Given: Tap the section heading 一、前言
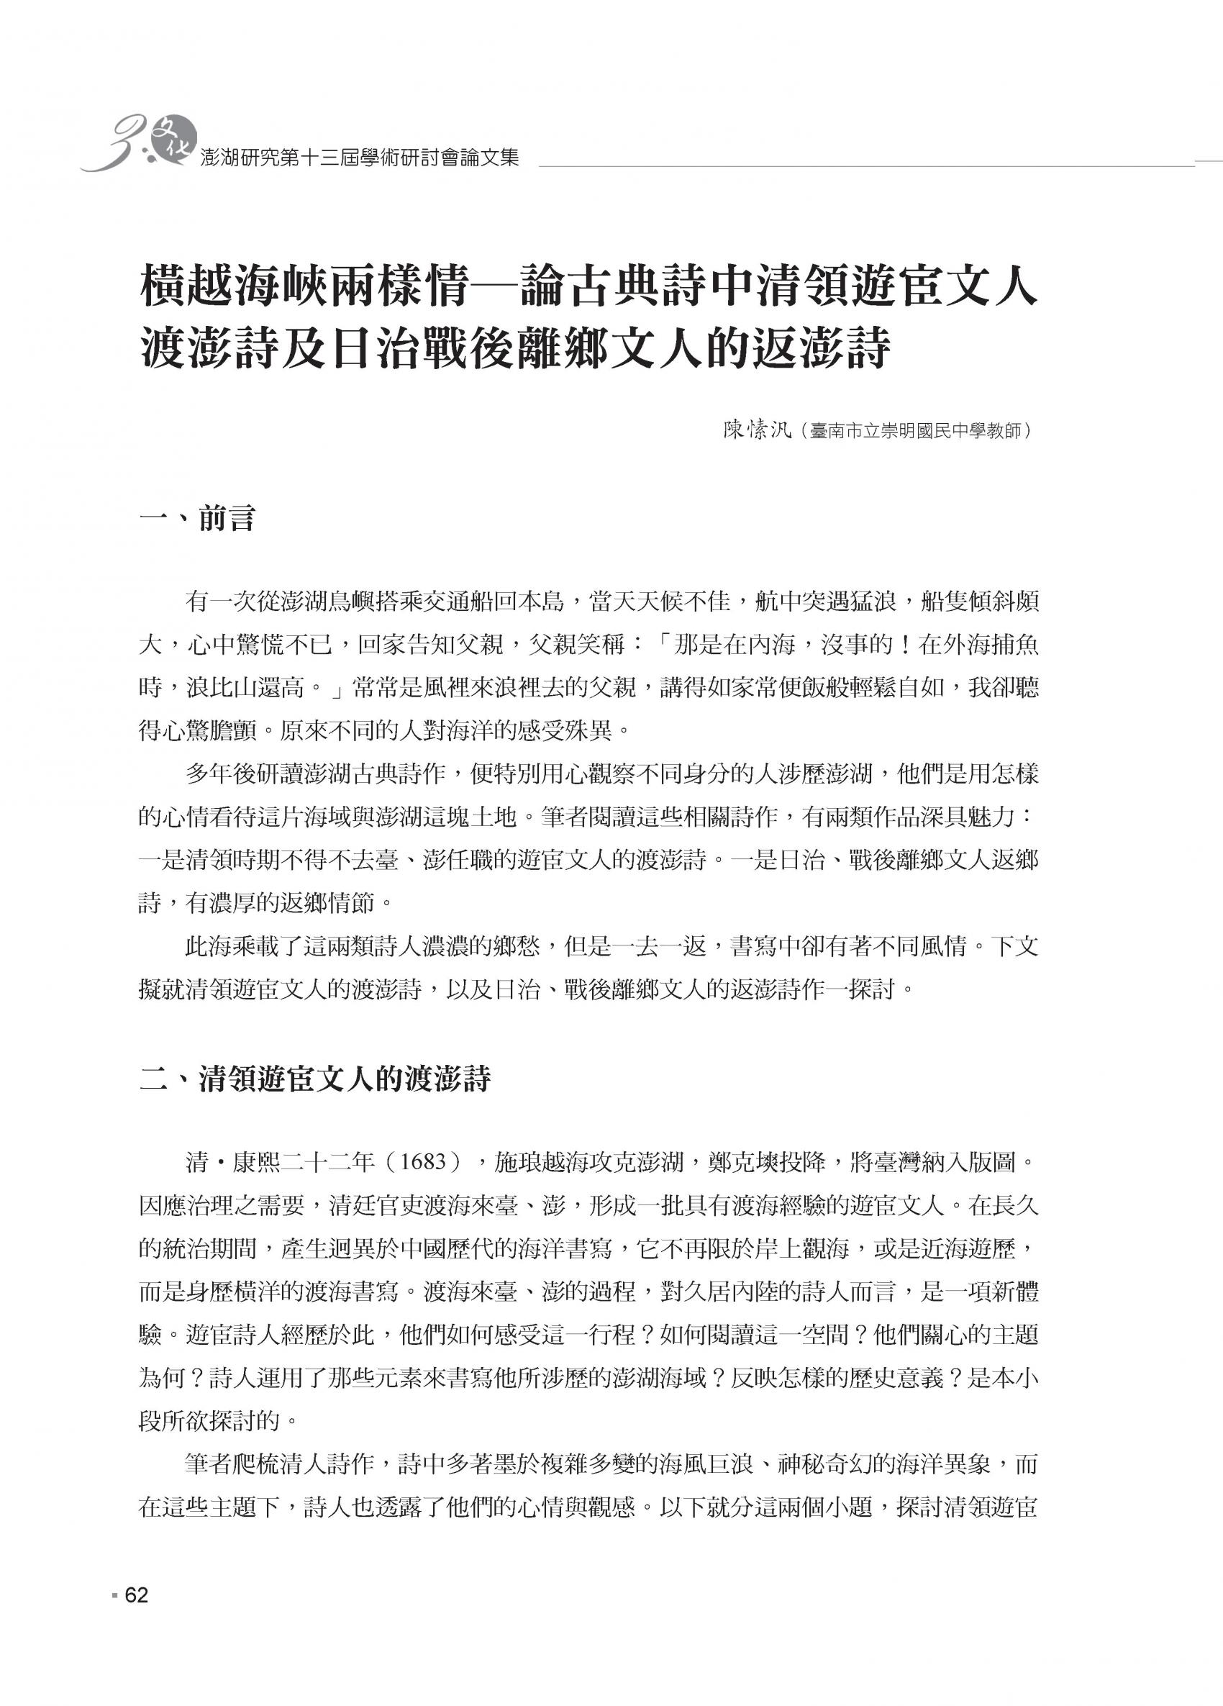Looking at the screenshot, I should [198, 518].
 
